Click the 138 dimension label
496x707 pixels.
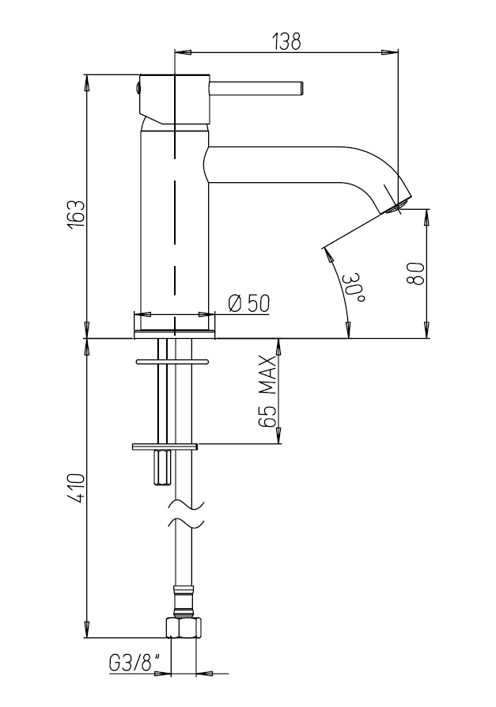pos(286,41)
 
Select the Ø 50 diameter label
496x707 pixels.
pos(248,303)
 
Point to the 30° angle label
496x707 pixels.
pos(354,287)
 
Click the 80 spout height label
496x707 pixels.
pos(415,274)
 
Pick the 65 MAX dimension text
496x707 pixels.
pos(267,391)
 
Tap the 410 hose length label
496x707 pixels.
pos(75,488)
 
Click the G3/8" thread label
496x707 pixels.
pos(134,663)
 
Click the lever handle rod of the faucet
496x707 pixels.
pos(257,88)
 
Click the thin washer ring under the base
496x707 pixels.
pos(172,361)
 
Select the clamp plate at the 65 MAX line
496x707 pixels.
pos(165,447)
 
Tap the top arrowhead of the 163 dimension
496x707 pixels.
pos(86,83)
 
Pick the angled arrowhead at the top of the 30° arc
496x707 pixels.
pos(328,255)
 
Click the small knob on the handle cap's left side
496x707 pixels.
pos(138,89)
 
